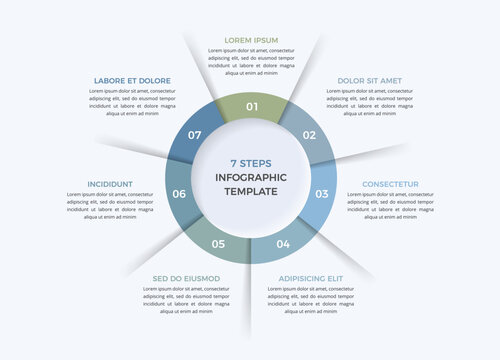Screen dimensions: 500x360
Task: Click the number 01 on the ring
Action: tap(252, 107)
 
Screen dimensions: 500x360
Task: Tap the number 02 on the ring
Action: tap(309, 135)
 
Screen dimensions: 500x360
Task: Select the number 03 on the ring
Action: tap(322, 194)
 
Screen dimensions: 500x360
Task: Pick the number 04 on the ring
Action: tap(283, 244)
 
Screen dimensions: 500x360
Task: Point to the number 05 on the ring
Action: tap(218, 244)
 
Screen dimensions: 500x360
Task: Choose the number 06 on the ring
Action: tap(180, 194)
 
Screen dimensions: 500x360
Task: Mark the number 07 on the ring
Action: tap(195, 135)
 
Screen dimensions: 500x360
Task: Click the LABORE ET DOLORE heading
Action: tap(132, 80)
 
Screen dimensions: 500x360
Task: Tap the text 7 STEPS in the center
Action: tap(250, 163)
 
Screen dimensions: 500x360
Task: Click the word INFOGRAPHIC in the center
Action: tap(251, 177)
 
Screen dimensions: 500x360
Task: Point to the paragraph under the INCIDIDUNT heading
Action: tap(110, 206)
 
